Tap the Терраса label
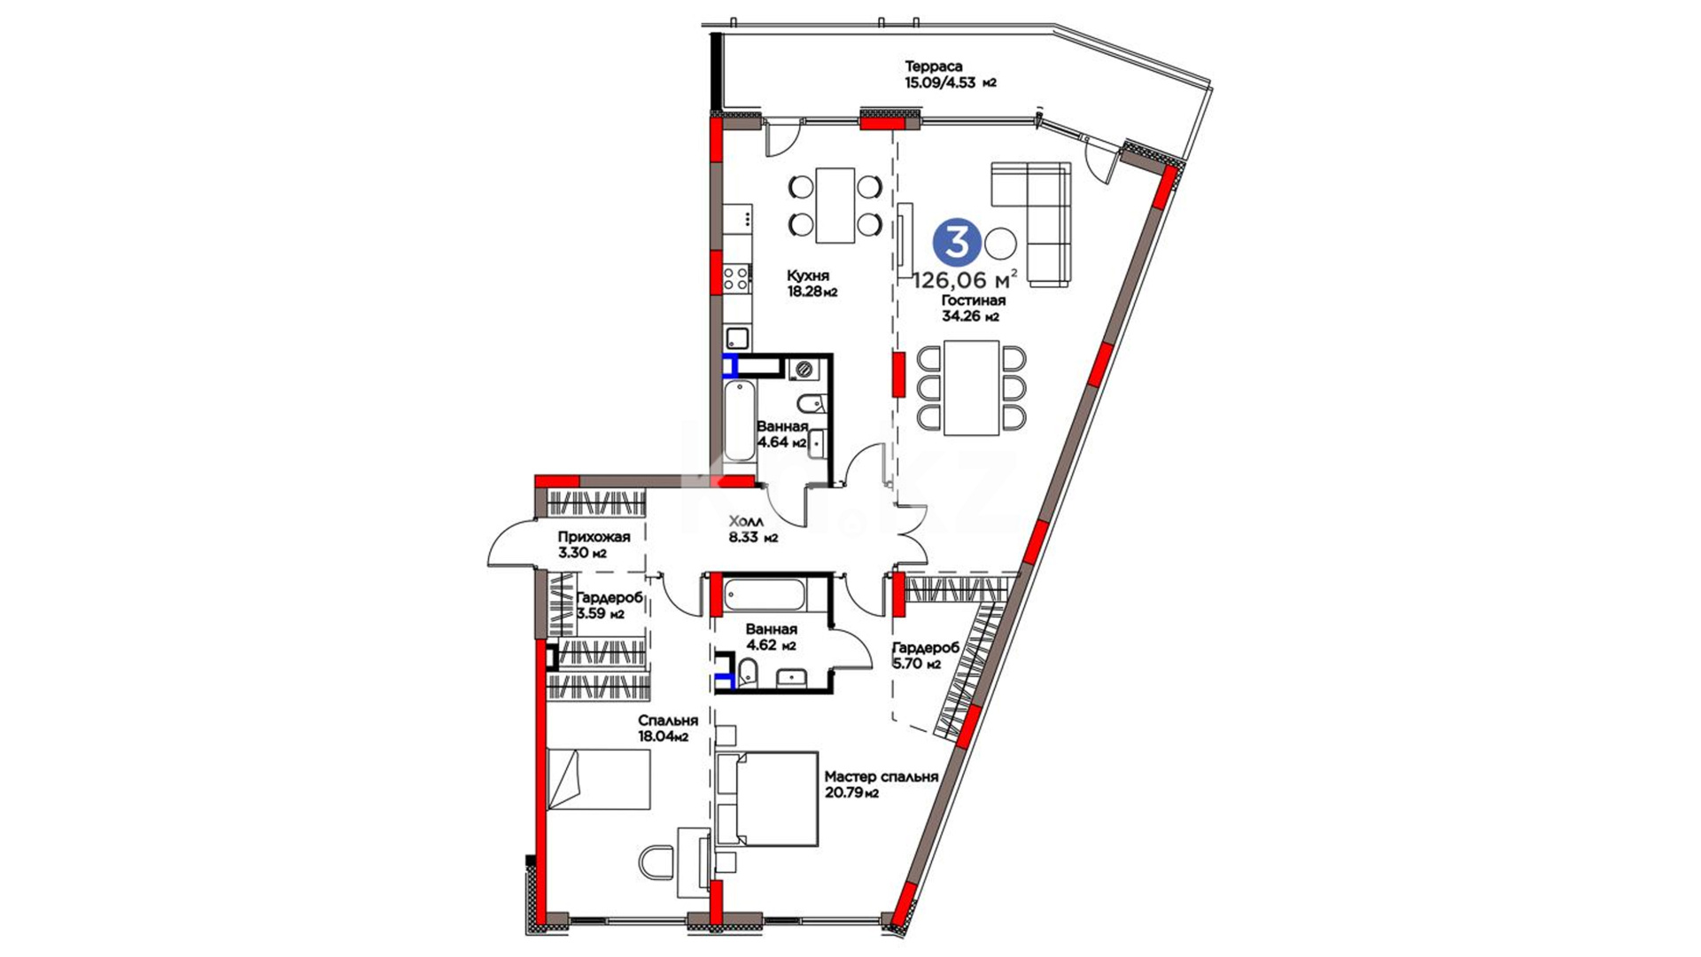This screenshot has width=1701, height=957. (x=933, y=66)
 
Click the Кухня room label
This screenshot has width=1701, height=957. (x=807, y=276)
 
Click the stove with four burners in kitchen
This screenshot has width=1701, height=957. (x=736, y=279)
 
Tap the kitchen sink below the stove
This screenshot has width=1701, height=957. (x=737, y=338)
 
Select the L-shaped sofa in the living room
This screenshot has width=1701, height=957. (x=1030, y=224)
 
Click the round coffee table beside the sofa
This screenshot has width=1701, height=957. (x=1002, y=242)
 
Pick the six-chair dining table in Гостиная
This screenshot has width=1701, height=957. (x=971, y=388)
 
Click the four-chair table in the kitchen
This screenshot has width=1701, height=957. (x=835, y=205)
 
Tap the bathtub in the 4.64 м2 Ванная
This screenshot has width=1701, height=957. (x=738, y=421)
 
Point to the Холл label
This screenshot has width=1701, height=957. (x=747, y=521)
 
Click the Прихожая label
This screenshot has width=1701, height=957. (x=594, y=537)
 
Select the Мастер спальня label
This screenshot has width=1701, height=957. (x=882, y=777)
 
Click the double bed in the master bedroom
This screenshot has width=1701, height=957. (x=767, y=799)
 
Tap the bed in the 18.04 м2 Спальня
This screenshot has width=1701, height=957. (x=599, y=779)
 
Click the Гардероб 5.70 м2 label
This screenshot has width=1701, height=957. (x=926, y=656)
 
